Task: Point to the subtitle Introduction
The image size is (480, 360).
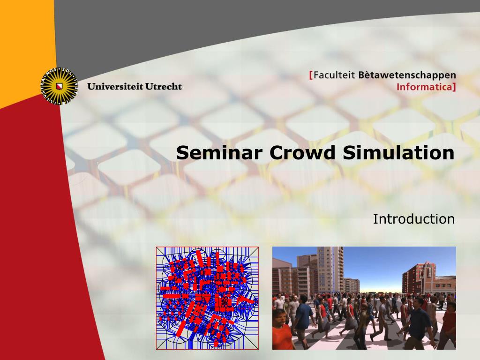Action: (413, 219)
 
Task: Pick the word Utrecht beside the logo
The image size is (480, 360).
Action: (164, 86)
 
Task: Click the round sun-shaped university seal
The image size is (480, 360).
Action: (59, 86)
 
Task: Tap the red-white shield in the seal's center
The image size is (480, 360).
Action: (59, 86)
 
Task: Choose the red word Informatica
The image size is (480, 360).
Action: (424, 87)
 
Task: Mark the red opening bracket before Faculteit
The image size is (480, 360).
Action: (311, 75)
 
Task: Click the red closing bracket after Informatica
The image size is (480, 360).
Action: (454, 87)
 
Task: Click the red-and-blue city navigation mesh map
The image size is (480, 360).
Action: (207, 298)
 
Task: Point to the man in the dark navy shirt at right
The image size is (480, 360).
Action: (419, 323)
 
